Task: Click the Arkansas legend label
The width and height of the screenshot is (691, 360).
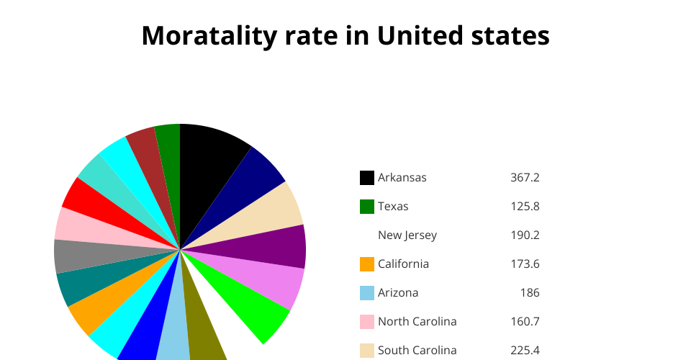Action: [402, 178]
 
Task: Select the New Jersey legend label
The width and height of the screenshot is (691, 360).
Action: [407, 235]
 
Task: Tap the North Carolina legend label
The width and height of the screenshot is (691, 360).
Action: [417, 322]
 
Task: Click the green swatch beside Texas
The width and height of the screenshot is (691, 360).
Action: [367, 207]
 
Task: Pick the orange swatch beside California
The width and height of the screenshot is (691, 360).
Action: [367, 264]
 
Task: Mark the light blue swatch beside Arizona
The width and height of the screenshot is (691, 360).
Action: [367, 293]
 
